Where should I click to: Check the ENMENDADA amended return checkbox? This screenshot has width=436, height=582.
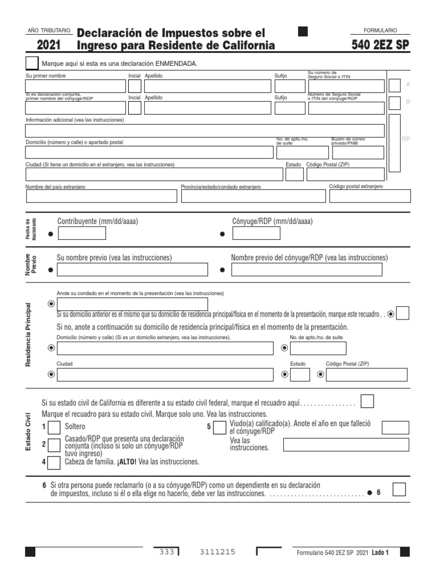[33, 64]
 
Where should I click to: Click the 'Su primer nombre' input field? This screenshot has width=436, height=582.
[75, 86]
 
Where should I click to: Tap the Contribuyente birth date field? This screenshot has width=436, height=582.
[81, 234]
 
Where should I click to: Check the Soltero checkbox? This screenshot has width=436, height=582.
[54, 427]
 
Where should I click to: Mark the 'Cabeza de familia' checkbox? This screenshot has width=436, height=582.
[54, 463]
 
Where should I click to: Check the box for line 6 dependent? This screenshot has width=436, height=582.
[399, 489]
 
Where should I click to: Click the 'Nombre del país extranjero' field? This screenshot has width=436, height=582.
[102, 196]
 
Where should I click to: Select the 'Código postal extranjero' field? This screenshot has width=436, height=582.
[370, 196]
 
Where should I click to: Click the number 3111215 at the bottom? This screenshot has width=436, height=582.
[217, 552]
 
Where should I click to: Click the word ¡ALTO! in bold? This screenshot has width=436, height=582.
[126, 462]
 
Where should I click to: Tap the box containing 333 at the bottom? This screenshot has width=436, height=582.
[166, 552]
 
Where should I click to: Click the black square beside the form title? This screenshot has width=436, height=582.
[303, 32]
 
